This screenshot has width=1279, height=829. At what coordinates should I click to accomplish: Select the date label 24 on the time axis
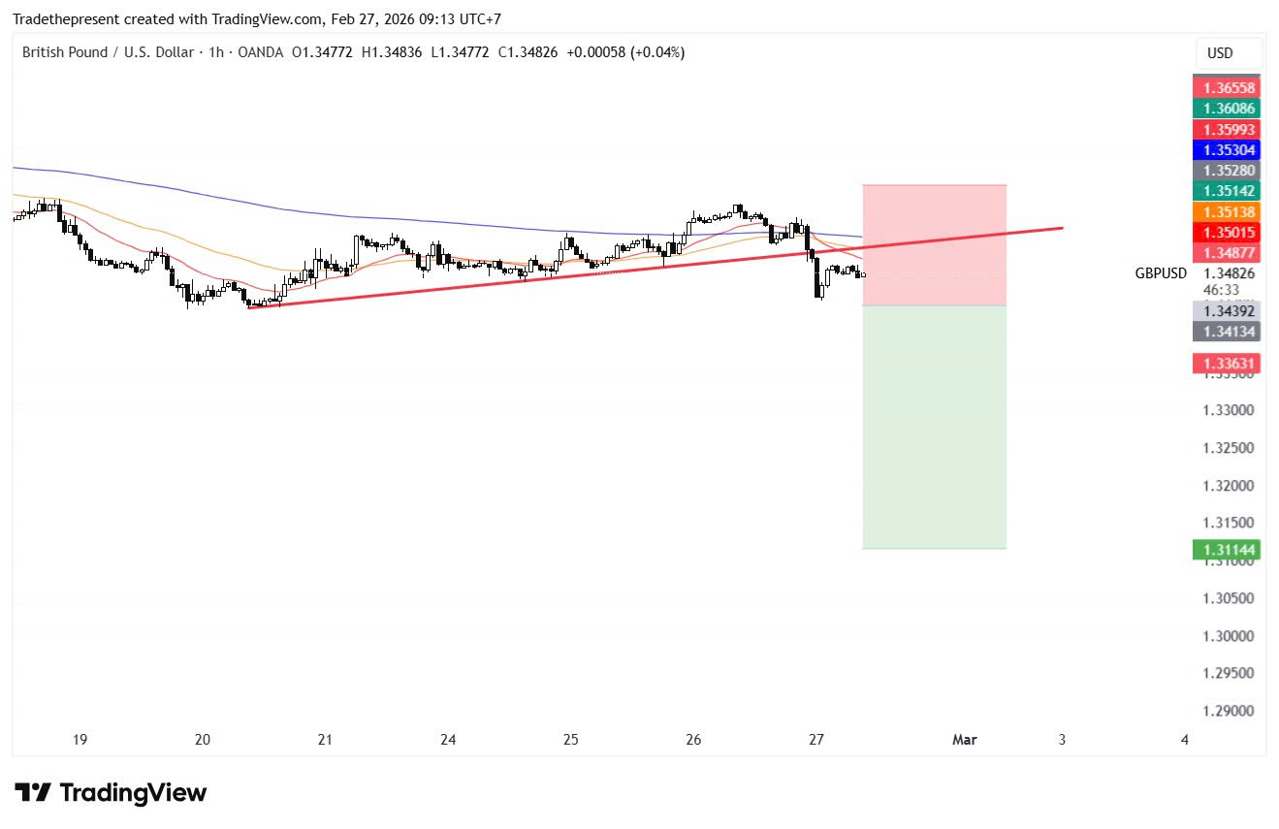tap(448, 740)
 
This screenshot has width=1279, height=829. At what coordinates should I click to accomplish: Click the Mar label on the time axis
tap(965, 740)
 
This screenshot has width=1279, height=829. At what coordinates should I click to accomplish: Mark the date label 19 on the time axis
tap(80, 740)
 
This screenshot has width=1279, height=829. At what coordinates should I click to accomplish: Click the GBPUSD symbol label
tap(1161, 273)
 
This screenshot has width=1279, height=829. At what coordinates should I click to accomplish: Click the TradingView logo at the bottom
tap(111, 792)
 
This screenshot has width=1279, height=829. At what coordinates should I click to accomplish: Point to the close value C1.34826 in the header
tap(528, 52)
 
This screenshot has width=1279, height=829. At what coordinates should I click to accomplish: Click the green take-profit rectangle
tap(934, 427)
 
